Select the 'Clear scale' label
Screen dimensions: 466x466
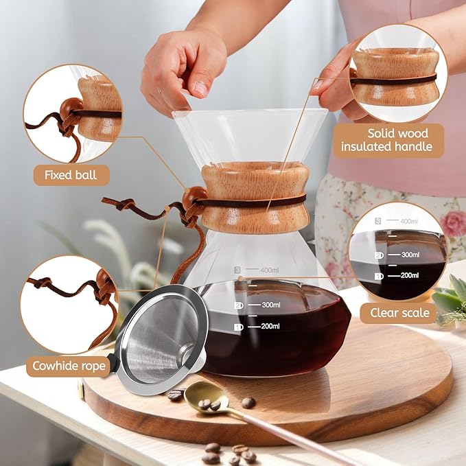point(403,313)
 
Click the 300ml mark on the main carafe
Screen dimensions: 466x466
point(266,305)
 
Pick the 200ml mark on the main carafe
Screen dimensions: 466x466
point(266,327)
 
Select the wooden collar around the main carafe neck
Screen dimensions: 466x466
point(254,197)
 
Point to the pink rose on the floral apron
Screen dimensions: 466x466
point(454,224)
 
